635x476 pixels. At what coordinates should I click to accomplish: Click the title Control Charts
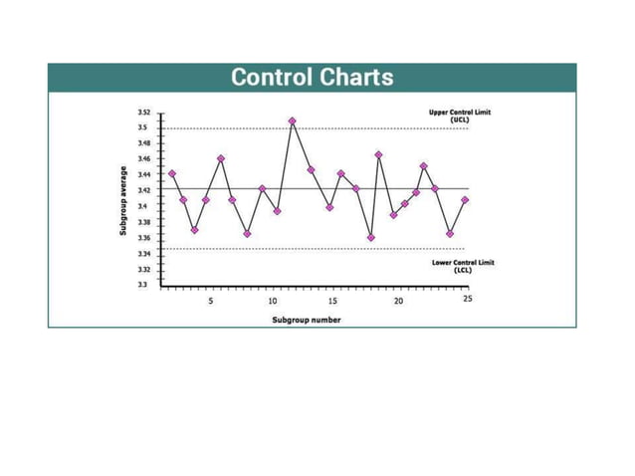312,78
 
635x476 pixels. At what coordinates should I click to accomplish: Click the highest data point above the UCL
292,121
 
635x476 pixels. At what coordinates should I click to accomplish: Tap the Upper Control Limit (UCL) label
459,116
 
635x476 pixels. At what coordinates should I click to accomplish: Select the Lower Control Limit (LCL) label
462,266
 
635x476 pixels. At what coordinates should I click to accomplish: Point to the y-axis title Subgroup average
123,200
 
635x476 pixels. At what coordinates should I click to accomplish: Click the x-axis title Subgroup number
307,320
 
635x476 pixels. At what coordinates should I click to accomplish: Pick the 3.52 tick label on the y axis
143,113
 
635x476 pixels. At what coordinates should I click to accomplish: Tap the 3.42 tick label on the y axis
143,190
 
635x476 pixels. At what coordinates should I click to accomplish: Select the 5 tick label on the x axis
210,300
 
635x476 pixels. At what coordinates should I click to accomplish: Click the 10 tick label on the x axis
272,300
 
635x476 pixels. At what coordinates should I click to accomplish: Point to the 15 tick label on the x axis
334,300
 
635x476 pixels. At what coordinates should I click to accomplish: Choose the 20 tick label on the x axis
398,300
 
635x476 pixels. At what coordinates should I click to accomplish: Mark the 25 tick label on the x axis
467,300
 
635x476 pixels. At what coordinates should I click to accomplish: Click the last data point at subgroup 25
465,200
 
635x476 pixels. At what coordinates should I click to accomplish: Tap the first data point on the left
172,173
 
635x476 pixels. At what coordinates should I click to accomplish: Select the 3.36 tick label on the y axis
143,238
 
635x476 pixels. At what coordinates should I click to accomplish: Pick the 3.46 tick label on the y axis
143,159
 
